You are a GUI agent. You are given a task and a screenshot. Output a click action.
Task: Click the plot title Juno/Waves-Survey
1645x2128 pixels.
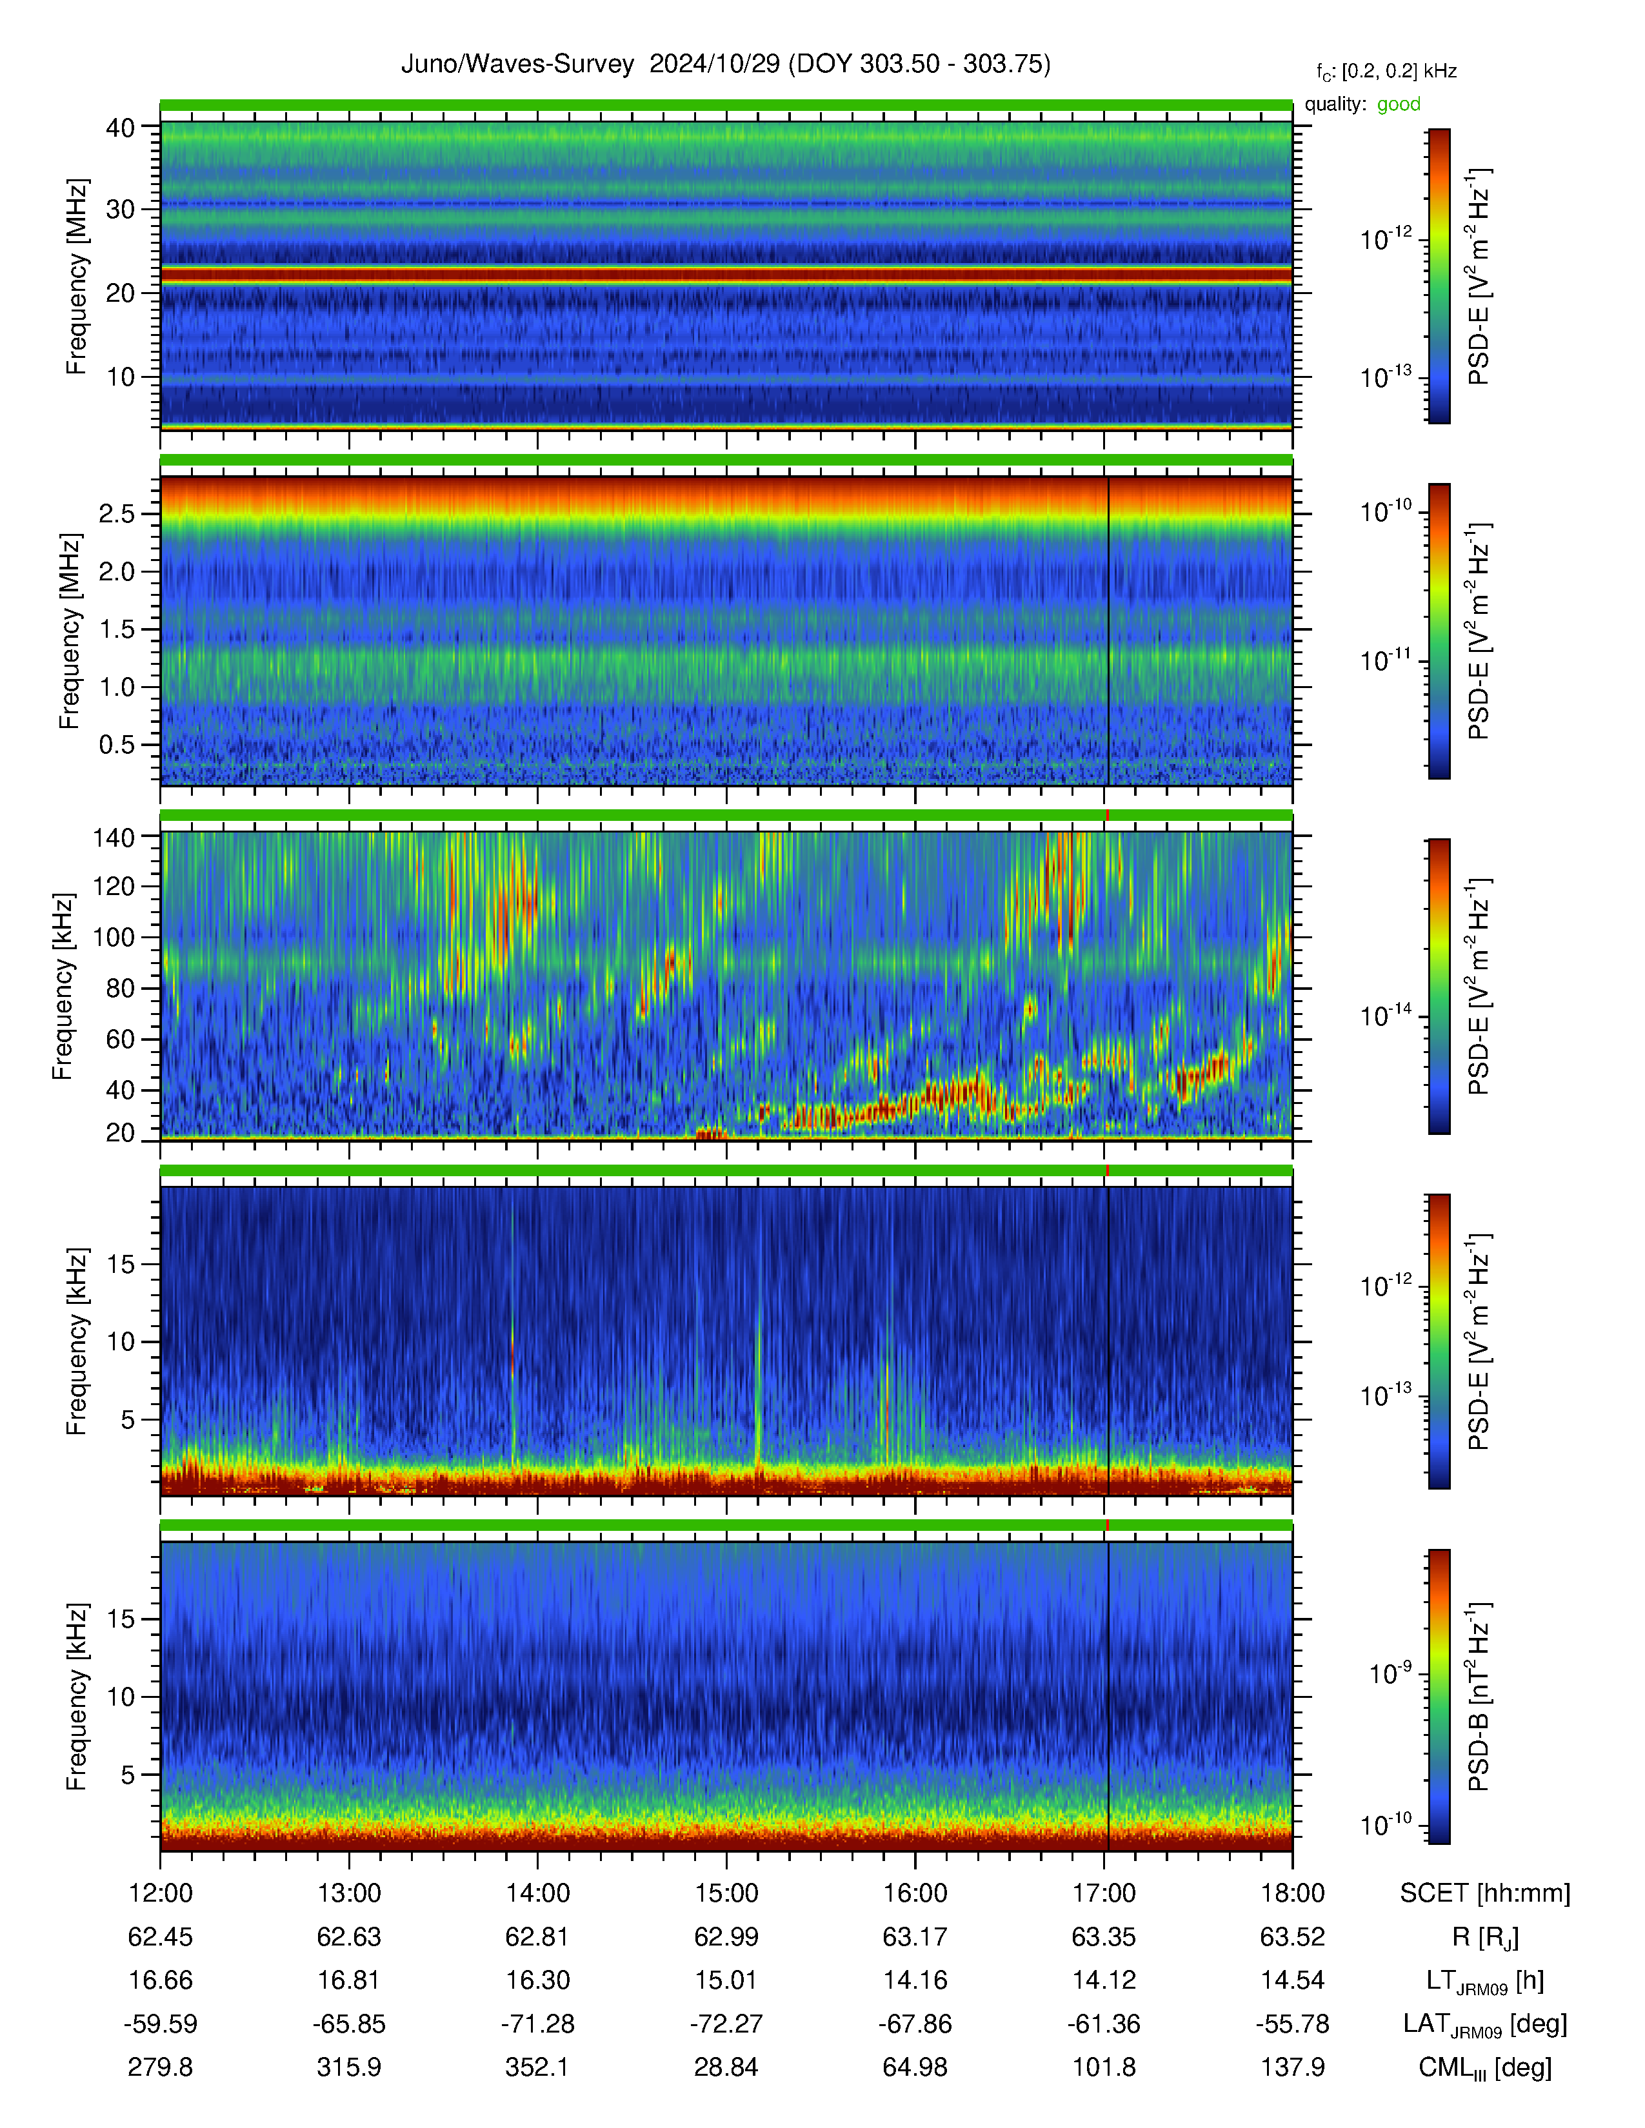click(517, 64)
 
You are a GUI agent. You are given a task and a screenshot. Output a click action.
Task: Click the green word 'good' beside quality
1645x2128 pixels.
click(1399, 104)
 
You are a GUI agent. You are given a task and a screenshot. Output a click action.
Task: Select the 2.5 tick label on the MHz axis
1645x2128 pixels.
click(116, 513)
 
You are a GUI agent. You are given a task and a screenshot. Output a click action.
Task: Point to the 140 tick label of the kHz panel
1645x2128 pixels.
click(113, 836)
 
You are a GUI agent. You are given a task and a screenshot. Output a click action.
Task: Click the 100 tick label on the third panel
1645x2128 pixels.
click(113, 938)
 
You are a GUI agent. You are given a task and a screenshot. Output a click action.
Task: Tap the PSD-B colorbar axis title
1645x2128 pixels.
click(1479, 1697)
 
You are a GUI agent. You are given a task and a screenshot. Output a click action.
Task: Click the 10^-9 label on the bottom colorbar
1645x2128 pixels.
click(1390, 1673)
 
